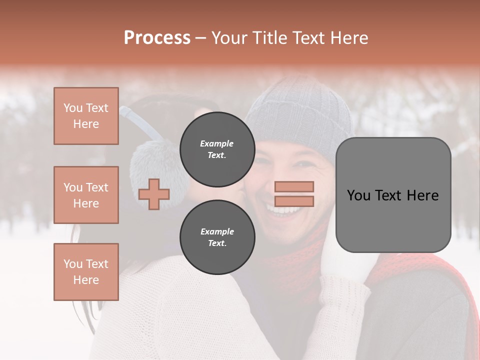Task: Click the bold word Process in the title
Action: pos(157,38)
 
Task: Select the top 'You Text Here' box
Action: pos(86,116)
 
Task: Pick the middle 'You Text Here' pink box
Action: pos(86,195)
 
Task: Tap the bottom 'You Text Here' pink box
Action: pos(86,272)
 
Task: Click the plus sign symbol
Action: pos(154,194)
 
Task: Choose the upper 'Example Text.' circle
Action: pos(216,149)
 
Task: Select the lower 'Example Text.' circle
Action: pos(216,237)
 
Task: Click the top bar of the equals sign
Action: pos(294,186)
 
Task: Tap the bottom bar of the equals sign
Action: pos(294,201)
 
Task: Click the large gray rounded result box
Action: pos(393,195)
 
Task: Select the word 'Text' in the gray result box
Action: pos(392,195)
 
